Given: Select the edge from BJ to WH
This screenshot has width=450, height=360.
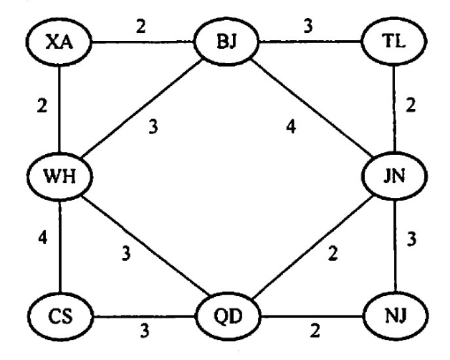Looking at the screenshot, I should [x=143, y=111].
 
